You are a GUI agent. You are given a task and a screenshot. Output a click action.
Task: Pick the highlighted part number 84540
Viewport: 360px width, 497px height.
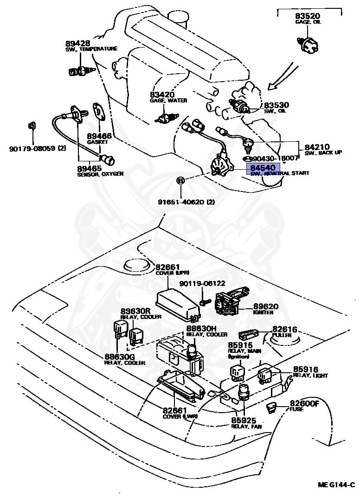coord(263,167)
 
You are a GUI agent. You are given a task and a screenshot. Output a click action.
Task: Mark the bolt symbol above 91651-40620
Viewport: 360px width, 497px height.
coord(181,181)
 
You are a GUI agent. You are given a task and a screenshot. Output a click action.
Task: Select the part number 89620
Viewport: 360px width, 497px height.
coord(265,306)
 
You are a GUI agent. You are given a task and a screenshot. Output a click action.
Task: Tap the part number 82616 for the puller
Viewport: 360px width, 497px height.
coord(284,329)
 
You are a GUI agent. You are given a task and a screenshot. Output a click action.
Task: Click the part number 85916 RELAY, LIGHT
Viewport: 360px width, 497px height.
coord(305,370)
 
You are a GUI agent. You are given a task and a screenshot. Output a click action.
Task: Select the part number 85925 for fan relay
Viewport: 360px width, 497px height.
coord(244,420)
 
